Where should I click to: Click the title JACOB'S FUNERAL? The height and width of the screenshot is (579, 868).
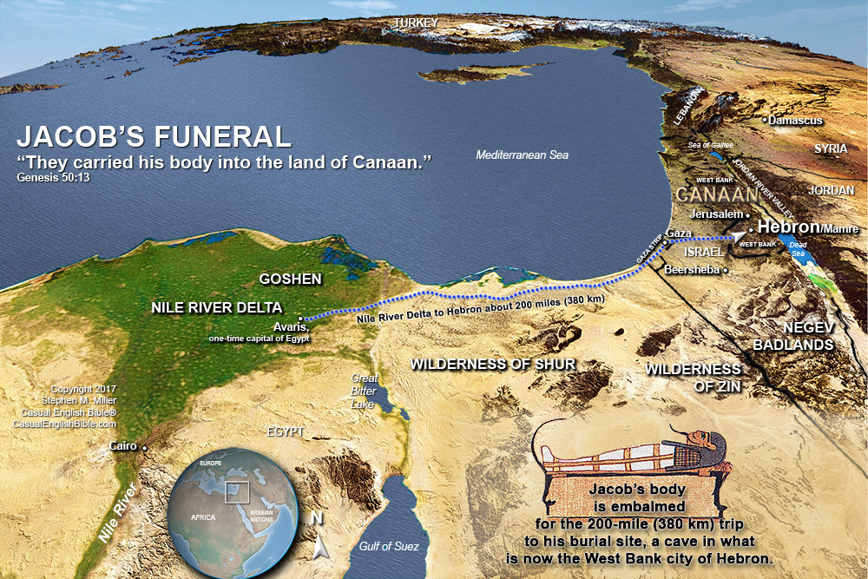pos(154,137)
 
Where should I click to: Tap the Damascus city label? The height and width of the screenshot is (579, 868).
pos(794,121)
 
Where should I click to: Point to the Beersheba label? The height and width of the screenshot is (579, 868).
pos(691,270)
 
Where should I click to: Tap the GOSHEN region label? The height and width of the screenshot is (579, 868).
pos(291,280)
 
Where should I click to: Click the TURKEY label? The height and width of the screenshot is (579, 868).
pos(416,22)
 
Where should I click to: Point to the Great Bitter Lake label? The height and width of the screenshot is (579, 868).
pos(365,391)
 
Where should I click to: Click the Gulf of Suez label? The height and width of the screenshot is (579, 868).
pos(389,546)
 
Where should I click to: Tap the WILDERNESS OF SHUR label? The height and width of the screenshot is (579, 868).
pos(493,364)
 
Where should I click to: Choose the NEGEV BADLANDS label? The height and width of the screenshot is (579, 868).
pos(807,336)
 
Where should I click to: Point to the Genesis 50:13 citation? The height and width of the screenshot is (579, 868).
pos(53,177)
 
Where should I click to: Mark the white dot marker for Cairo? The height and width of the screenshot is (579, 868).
pos(145,448)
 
